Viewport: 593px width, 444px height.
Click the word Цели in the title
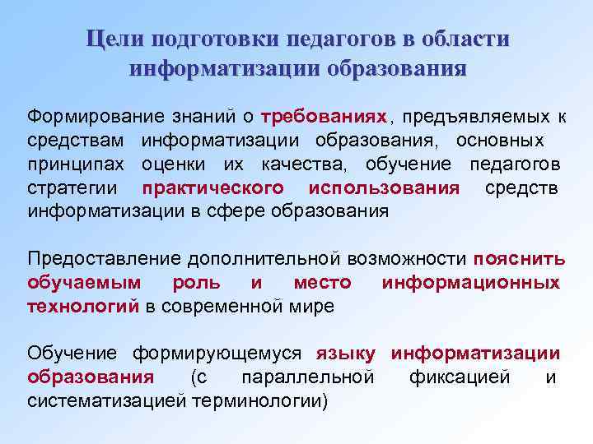coord(113,40)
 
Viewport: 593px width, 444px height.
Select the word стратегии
coord(72,187)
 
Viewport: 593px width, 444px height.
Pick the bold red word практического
coord(212,187)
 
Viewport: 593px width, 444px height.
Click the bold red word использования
coord(383,187)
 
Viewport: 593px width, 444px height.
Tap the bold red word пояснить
coord(520,259)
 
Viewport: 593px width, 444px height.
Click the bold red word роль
coord(196,283)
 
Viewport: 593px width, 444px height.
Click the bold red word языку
coord(346,354)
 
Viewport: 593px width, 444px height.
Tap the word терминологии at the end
coord(259,401)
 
